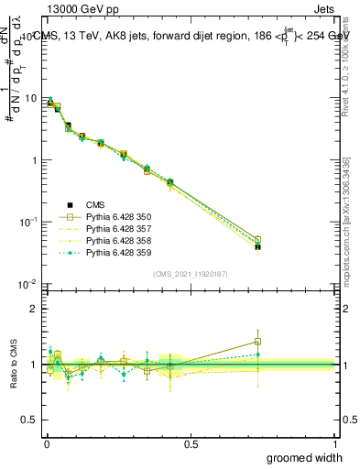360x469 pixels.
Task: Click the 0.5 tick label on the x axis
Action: click(191, 442)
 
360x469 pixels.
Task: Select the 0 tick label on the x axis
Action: click(45, 442)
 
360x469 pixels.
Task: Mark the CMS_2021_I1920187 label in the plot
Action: click(190, 274)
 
